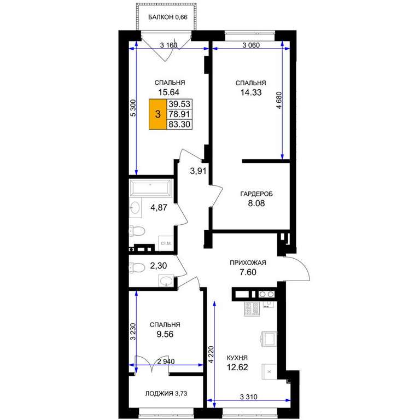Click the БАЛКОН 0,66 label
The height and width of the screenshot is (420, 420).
(x=168, y=17)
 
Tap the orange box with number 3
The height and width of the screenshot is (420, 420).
(x=157, y=114)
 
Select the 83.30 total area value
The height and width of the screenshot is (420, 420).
(x=179, y=124)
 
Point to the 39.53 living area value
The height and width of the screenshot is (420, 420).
(x=179, y=104)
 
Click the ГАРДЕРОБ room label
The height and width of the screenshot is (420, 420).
(x=256, y=194)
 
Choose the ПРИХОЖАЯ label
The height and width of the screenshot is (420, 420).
(x=248, y=262)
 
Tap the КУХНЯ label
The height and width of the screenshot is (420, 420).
(x=237, y=358)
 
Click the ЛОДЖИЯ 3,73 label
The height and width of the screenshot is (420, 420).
(x=166, y=394)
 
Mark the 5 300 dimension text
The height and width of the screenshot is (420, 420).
(x=133, y=108)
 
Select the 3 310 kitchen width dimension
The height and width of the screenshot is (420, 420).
(x=248, y=396)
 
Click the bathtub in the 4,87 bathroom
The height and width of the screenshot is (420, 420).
(x=150, y=188)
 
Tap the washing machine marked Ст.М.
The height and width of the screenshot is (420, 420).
(x=166, y=243)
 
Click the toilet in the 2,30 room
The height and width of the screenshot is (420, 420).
(x=137, y=267)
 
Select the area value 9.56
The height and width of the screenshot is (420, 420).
(x=165, y=334)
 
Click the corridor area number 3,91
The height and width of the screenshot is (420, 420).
(x=198, y=171)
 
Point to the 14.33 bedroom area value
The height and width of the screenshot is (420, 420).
(x=250, y=92)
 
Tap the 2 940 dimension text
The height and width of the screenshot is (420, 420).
(x=166, y=361)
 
